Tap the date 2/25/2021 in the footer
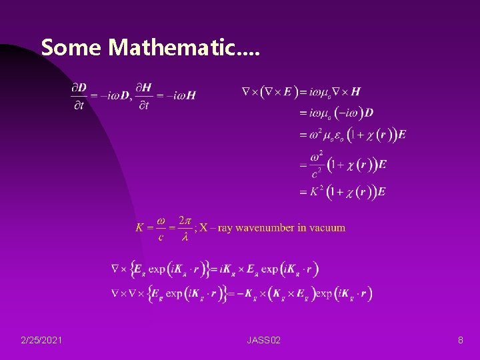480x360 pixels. pyautogui.click(x=42, y=341)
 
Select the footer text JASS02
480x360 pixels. pyautogui.click(x=263, y=341)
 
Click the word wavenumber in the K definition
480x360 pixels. pyautogui.click(x=263, y=228)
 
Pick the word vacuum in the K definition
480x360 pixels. pyautogui.click(x=327, y=228)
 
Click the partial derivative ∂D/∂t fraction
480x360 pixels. pyautogui.click(x=78, y=95)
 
